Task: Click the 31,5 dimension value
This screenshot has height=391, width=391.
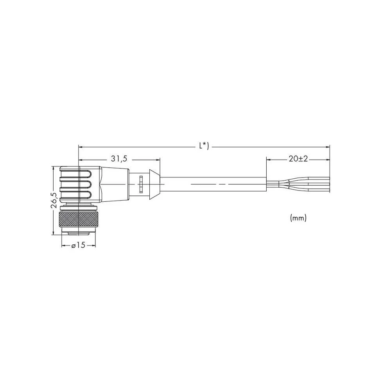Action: point(119,160)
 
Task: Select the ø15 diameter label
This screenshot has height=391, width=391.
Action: point(78,246)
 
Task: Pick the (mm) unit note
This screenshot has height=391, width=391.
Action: point(298,218)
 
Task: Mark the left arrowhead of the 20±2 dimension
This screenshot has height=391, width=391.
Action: point(269,160)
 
